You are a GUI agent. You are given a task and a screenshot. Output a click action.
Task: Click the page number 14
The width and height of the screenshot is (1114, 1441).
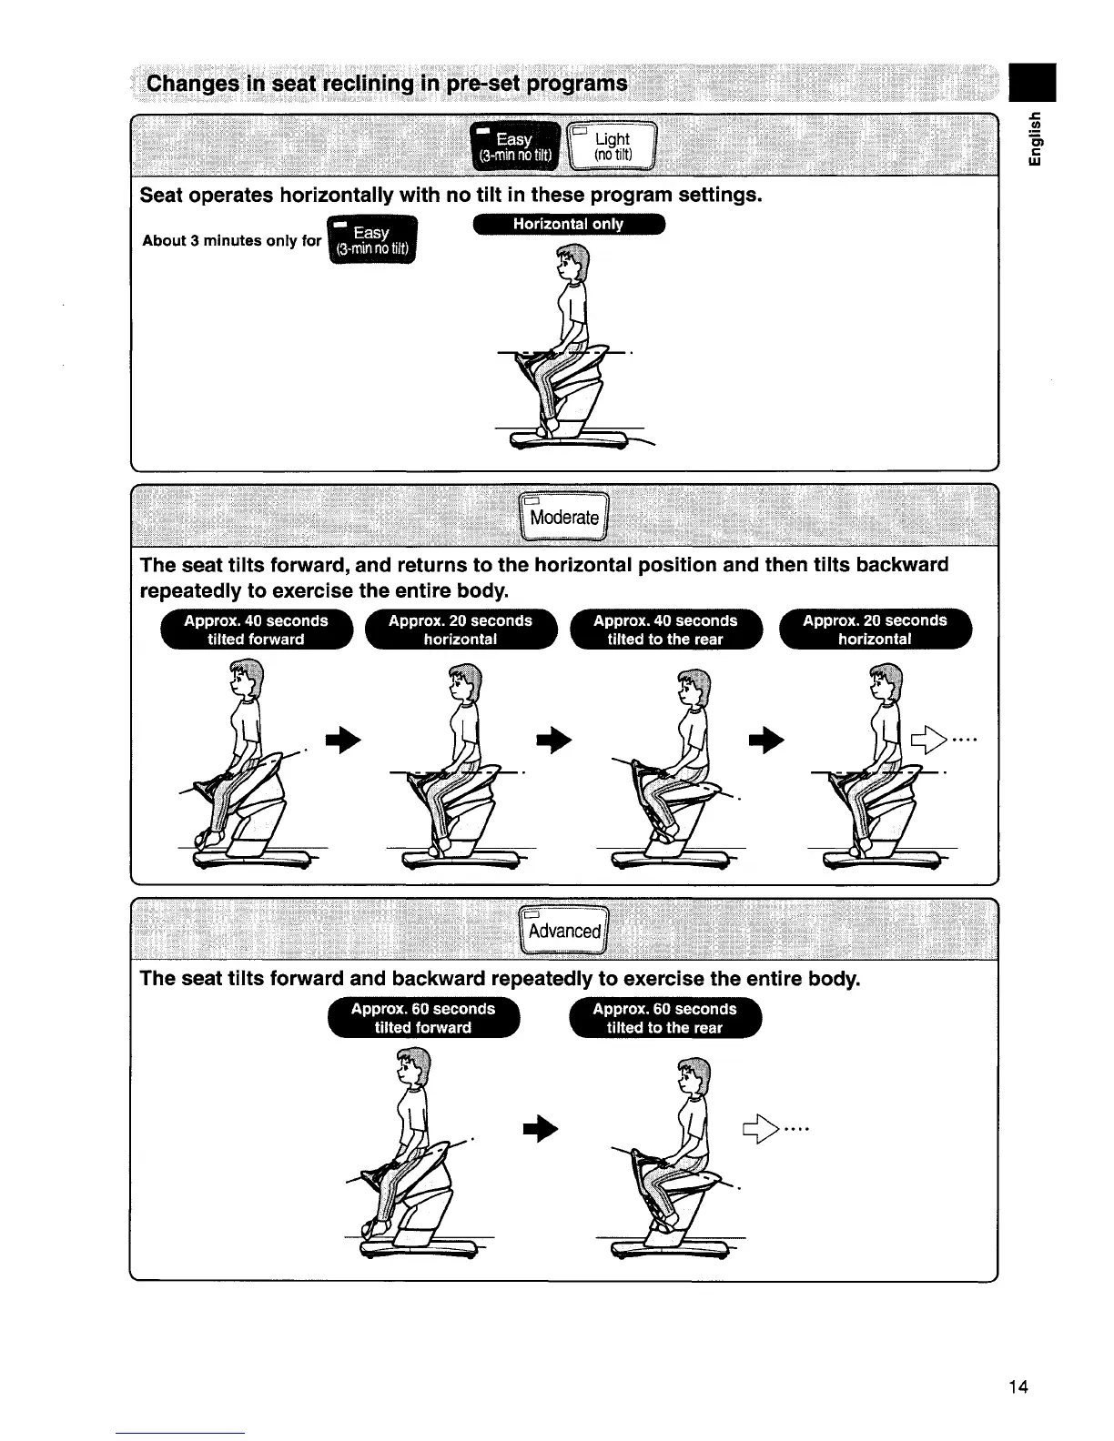(x=1018, y=1386)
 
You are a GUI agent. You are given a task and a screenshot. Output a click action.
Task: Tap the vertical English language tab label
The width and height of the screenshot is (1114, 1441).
(x=1035, y=136)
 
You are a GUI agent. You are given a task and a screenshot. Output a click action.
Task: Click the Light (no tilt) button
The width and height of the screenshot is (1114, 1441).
(x=612, y=146)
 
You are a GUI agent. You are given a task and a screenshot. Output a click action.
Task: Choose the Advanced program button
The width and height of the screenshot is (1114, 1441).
(x=564, y=930)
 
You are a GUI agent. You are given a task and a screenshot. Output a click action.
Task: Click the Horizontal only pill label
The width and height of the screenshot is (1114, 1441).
(x=568, y=225)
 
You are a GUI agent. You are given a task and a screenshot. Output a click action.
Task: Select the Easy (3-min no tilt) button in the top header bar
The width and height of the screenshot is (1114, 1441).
(x=515, y=146)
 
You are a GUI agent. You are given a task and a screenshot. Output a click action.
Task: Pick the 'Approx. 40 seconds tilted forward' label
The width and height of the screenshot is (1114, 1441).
(x=256, y=630)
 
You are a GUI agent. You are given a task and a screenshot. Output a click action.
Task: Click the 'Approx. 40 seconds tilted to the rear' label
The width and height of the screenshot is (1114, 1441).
(x=665, y=630)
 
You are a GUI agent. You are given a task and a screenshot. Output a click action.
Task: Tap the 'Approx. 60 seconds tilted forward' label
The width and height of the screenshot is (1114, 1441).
(x=423, y=1018)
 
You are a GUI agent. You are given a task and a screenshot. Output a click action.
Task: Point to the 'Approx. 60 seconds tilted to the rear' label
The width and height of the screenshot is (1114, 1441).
(x=664, y=1018)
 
